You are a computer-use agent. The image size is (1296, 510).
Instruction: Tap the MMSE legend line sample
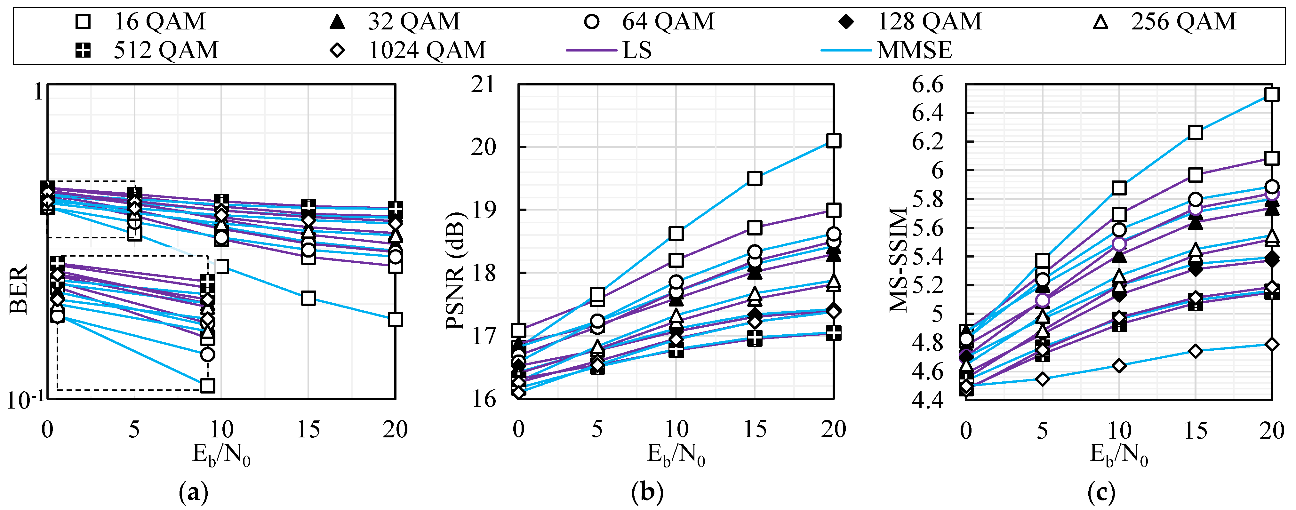[x=846, y=50]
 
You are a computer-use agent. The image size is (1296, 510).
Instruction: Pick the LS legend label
[x=637, y=50]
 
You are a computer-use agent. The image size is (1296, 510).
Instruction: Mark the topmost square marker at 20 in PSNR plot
[x=834, y=141]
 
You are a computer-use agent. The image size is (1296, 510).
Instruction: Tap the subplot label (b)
[x=647, y=493]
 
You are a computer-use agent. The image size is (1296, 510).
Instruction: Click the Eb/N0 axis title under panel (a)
[x=221, y=456]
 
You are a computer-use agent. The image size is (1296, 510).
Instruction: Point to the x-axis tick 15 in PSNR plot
[x=755, y=429]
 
